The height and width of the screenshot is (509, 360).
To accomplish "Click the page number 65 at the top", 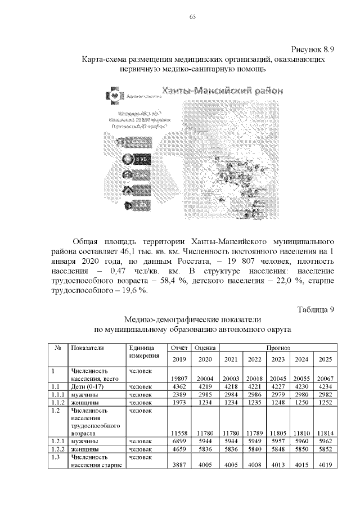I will point(192,17).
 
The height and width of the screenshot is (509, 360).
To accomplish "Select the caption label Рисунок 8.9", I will point(312,49).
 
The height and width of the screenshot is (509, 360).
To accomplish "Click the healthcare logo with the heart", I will point(115,96).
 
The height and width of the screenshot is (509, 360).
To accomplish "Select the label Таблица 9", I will point(316,309).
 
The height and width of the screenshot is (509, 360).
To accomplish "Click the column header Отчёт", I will point(178,348).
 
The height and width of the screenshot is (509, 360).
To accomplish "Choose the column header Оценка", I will point(205,348).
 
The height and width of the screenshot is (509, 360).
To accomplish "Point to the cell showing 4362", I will point(178,386).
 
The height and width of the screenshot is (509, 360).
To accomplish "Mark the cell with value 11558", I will point(178,433).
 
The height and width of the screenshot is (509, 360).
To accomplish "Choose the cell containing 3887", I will point(178,465).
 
